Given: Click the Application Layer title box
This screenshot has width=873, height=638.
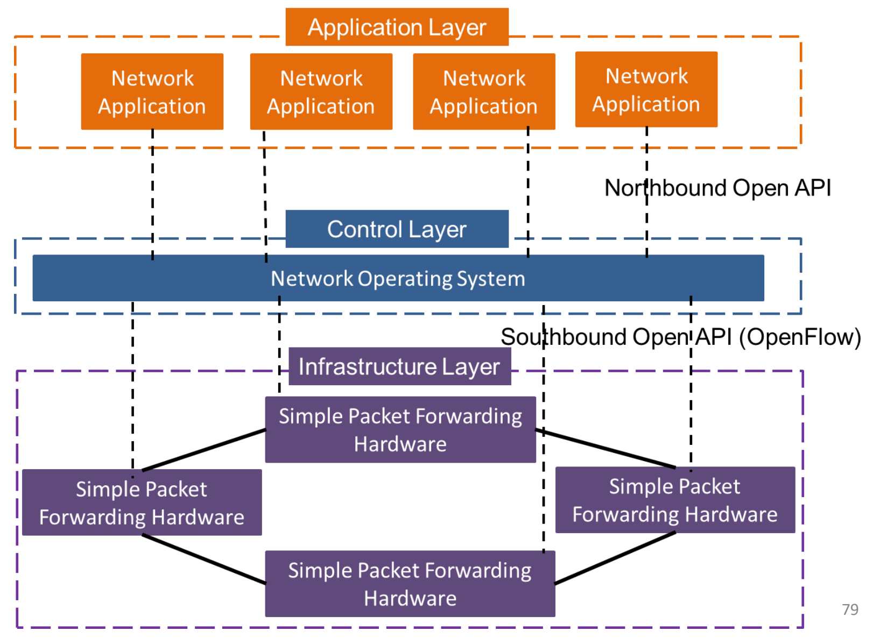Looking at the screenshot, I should [397, 27].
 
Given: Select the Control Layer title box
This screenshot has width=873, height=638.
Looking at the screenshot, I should [397, 229].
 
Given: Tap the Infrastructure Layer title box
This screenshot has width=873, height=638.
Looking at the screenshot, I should [399, 366].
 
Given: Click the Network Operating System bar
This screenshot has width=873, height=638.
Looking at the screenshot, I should [398, 278].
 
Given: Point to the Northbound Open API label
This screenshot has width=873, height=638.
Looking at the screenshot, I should [717, 188].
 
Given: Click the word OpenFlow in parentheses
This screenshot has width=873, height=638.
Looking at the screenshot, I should [800, 337].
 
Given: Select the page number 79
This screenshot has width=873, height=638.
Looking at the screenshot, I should [850, 609].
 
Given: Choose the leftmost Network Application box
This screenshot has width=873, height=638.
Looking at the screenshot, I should [152, 91].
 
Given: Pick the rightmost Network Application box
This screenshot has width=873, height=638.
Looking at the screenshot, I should [646, 89].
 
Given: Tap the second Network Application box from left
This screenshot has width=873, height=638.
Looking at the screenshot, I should [321, 91].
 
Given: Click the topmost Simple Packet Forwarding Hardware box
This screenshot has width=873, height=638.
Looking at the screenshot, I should [400, 430].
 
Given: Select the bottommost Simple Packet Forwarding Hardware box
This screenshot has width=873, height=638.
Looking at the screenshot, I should [410, 584].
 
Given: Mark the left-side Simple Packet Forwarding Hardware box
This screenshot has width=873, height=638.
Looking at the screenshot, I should [142, 502].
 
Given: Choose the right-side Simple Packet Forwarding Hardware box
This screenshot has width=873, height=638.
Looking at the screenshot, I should [675, 500].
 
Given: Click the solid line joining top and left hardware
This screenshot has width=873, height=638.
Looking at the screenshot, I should [204, 450].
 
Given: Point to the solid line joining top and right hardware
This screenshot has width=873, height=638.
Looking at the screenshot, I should [606, 449].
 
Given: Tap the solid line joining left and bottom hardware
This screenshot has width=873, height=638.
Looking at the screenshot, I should [204, 559].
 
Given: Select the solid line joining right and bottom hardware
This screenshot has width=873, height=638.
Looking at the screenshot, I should [615, 558].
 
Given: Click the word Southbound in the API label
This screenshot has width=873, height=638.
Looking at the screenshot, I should [562, 337].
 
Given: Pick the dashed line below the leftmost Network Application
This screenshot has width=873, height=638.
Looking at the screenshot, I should [152, 194].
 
